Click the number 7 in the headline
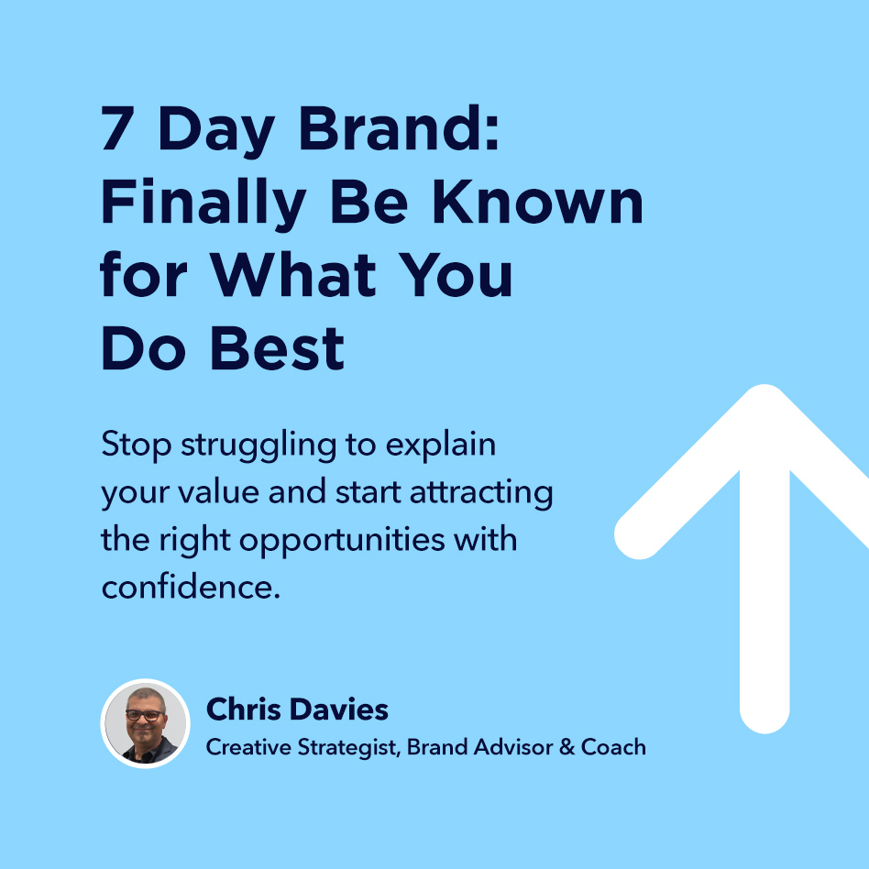(117, 128)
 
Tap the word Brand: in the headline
(399, 128)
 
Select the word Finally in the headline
(203, 203)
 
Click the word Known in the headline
(537, 202)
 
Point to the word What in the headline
(293, 274)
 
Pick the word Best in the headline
(278, 348)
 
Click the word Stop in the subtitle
(137, 445)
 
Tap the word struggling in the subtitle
(258, 445)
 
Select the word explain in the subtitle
(441, 445)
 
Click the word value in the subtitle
(218, 492)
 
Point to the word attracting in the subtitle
(481, 493)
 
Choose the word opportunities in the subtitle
(342, 540)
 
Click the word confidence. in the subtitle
(191, 587)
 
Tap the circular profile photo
(145, 724)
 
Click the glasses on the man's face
(144, 715)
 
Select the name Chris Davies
(297, 709)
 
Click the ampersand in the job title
(566, 747)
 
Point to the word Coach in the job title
(613, 747)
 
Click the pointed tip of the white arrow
(764, 385)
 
